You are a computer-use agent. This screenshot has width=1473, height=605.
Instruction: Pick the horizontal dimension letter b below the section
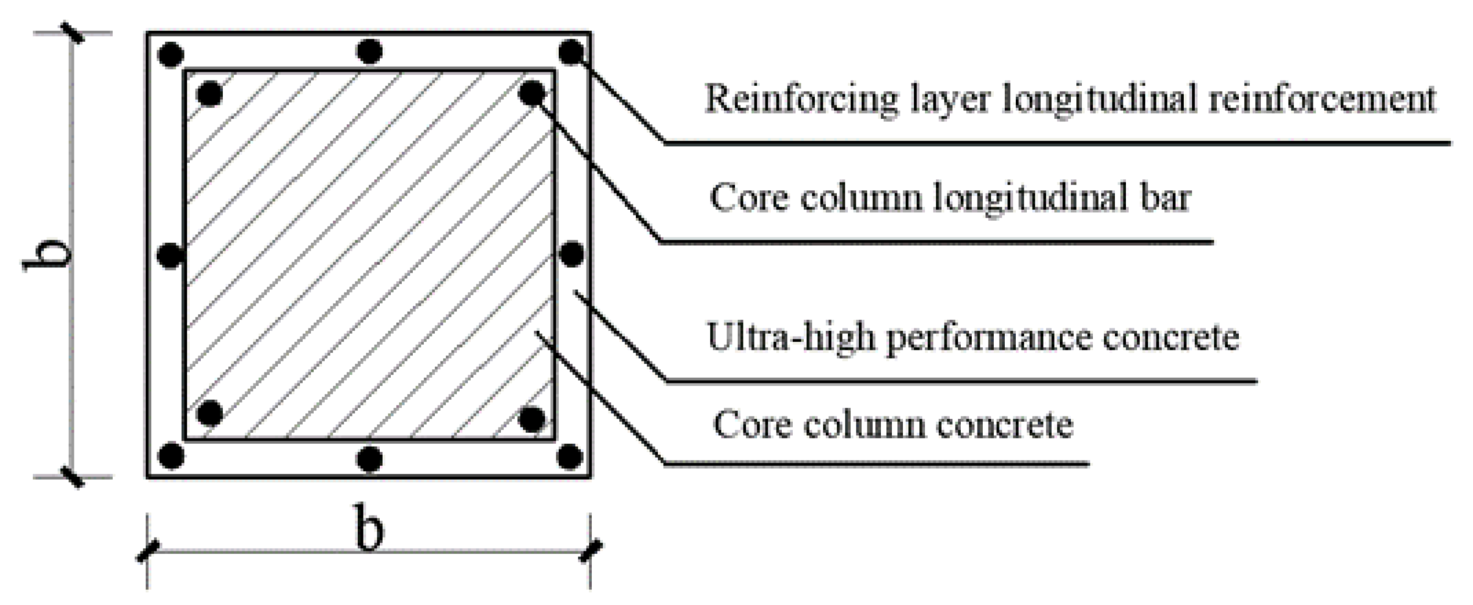[369, 529]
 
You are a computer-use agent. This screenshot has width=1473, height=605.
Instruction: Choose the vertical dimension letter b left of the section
[48, 256]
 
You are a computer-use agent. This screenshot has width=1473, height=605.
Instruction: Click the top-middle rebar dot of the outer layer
[370, 52]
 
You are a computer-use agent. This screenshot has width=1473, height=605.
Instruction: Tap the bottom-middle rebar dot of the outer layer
[370, 459]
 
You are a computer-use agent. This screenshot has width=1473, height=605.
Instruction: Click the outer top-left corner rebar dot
[171, 54]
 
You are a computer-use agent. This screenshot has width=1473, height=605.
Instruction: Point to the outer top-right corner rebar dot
[571, 52]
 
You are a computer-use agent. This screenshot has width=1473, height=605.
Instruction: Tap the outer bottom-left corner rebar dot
[171, 456]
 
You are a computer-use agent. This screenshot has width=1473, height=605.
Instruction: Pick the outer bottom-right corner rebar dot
[570, 456]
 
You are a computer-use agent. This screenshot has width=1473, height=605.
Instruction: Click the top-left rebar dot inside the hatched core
[210, 94]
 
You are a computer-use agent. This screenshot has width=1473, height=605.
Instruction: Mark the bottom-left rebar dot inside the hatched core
[210, 414]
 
